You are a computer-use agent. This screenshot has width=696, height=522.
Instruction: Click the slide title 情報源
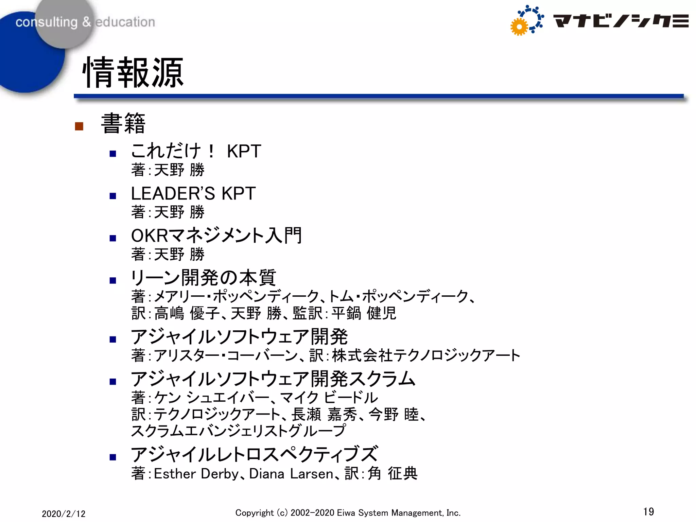[x=133, y=73]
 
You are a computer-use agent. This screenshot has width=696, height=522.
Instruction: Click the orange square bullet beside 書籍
[x=79, y=126]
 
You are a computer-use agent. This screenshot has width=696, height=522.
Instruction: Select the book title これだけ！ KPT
[x=196, y=151]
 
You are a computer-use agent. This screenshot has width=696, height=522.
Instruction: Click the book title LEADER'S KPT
[x=193, y=193]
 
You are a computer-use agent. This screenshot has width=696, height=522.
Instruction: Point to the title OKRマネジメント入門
[x=216, y=236]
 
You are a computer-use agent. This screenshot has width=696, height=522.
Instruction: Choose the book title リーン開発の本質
[x=203, y=278]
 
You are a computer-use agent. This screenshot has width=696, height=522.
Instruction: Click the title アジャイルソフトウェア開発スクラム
[x=273, y=379]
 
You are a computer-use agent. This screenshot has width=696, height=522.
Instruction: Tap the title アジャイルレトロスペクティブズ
[x=254, y=454]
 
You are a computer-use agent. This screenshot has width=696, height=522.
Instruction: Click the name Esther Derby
[x=196, y=474]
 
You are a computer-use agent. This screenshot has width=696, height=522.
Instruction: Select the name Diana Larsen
[x=291, y=474]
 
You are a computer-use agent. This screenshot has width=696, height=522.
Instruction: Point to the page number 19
[x=648, y=511]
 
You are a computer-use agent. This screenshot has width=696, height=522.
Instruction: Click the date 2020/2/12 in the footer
[x=64, y=514]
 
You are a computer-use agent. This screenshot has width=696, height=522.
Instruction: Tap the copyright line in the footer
[x=348, y=513]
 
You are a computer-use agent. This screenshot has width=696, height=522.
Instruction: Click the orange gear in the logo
[x=519, y=27]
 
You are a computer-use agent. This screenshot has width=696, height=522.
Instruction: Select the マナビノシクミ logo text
[x=621, y=21]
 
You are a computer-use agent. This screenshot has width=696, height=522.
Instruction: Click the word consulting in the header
[x=47, y=22]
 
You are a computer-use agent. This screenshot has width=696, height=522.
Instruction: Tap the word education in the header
[x=125, y=22]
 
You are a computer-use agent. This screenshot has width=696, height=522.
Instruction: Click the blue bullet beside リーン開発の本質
[x=113, y=280]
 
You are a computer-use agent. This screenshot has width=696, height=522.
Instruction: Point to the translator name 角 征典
[x=393, y=473]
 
